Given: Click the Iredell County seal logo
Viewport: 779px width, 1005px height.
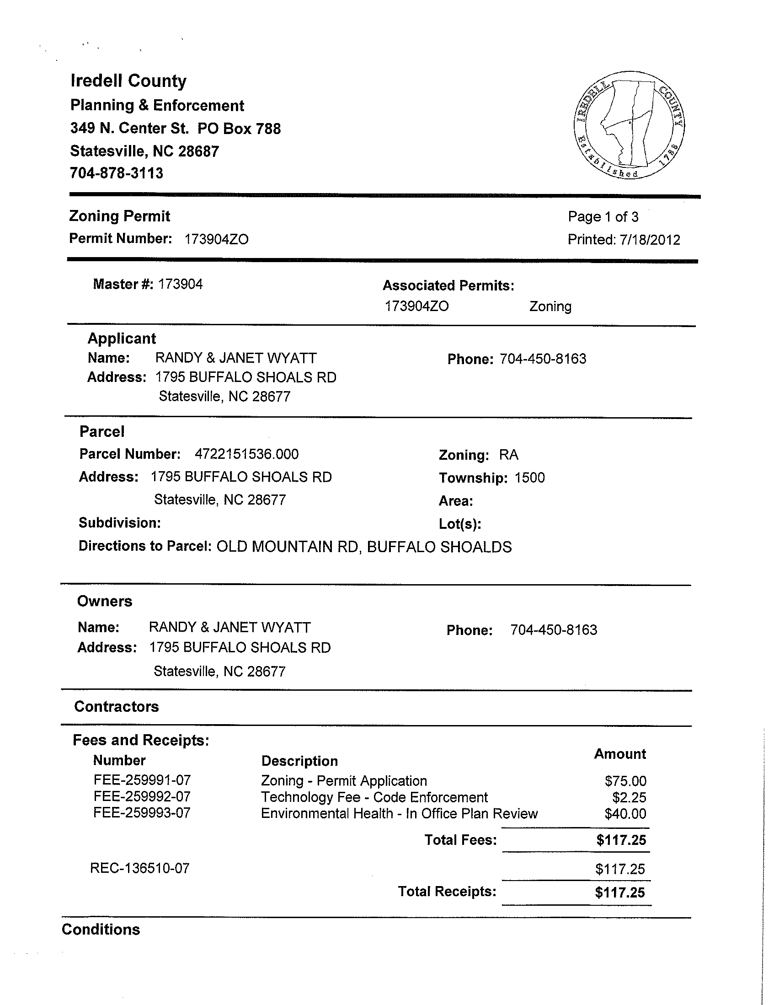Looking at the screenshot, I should tap(629, 125).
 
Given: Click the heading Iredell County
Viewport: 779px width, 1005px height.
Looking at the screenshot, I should tap(128, 81).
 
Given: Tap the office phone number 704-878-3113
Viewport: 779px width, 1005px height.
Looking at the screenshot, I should tap(116, 173).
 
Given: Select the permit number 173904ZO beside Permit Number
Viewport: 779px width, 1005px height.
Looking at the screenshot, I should tap(216, 239).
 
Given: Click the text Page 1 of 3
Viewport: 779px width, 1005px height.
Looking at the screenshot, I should tap(603, 217).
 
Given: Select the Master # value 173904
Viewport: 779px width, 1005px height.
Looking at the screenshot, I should tap(180, 285).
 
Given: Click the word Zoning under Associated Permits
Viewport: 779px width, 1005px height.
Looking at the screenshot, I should tap(550, 306).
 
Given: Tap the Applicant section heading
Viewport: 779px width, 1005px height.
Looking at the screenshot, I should tap(122, 339).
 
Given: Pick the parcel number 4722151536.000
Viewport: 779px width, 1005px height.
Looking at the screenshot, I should tap(246, 454).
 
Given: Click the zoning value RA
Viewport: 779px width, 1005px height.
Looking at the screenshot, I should tap(509, 455).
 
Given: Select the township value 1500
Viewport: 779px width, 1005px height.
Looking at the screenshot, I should tap(530, 478).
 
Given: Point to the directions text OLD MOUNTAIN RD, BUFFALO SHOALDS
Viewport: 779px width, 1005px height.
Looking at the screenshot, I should tap(364, 547).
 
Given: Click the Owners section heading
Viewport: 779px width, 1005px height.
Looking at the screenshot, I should tap(104, 602).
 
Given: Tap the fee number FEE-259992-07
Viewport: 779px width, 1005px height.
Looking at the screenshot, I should tap(142, 796).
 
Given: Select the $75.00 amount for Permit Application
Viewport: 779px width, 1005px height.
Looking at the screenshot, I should tap(625, 781).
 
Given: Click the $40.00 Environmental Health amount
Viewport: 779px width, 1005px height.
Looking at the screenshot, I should tap(625, 814).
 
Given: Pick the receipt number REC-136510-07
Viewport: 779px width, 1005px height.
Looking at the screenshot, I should tap(140, 868).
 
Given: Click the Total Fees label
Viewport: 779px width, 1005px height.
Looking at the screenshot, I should tap(460, 840).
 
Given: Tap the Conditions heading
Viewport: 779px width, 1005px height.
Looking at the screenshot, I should tap(101, 930).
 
